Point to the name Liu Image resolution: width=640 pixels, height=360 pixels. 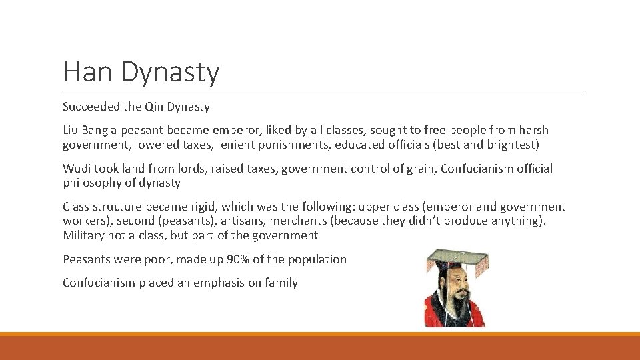71,130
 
